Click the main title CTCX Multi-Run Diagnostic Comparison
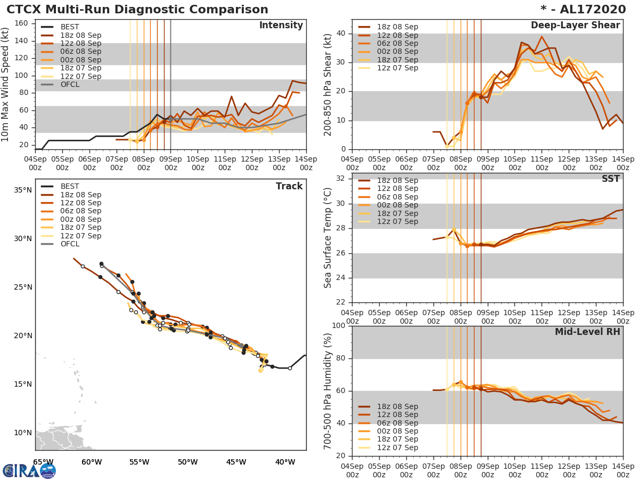pyautogui.click(x=137, y=10)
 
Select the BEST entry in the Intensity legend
pyautogui.click(x=69, y=27)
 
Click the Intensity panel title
pyautogui.click(x=281, y=26)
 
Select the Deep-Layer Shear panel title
pyautogui.click(x=575, y=26)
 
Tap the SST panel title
pyautogui.click(x=611, y=179)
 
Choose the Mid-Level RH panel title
pyautogui.click(x=587, y=332)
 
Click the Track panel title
pyautogui.click(x=289, y=186)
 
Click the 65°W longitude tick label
pyautogui.click(x=43, y=462)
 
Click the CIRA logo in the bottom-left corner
pyautogui.click(x=29, y=470)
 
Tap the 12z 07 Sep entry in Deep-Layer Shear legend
pyautogui.click(x=397, y=68)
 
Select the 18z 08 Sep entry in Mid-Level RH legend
pyautogui.click(x=397, y=406)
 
